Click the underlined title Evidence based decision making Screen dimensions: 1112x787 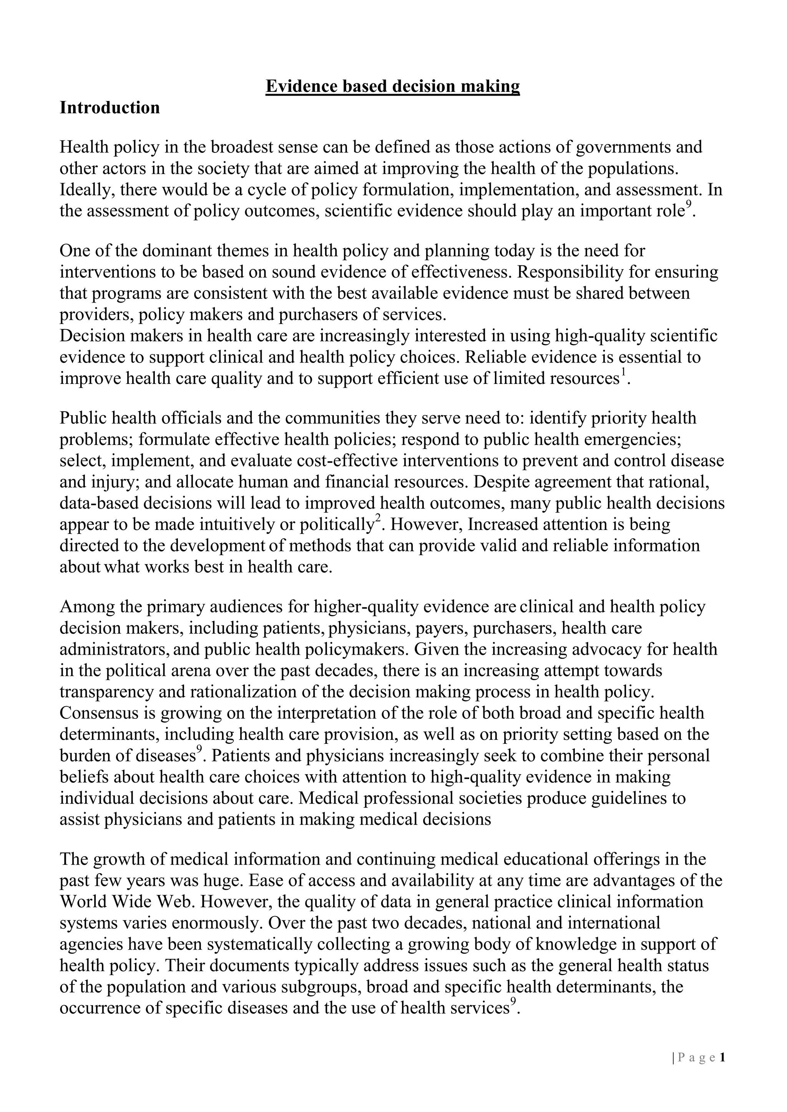point(392,86)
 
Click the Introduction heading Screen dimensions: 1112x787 point(110,108)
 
